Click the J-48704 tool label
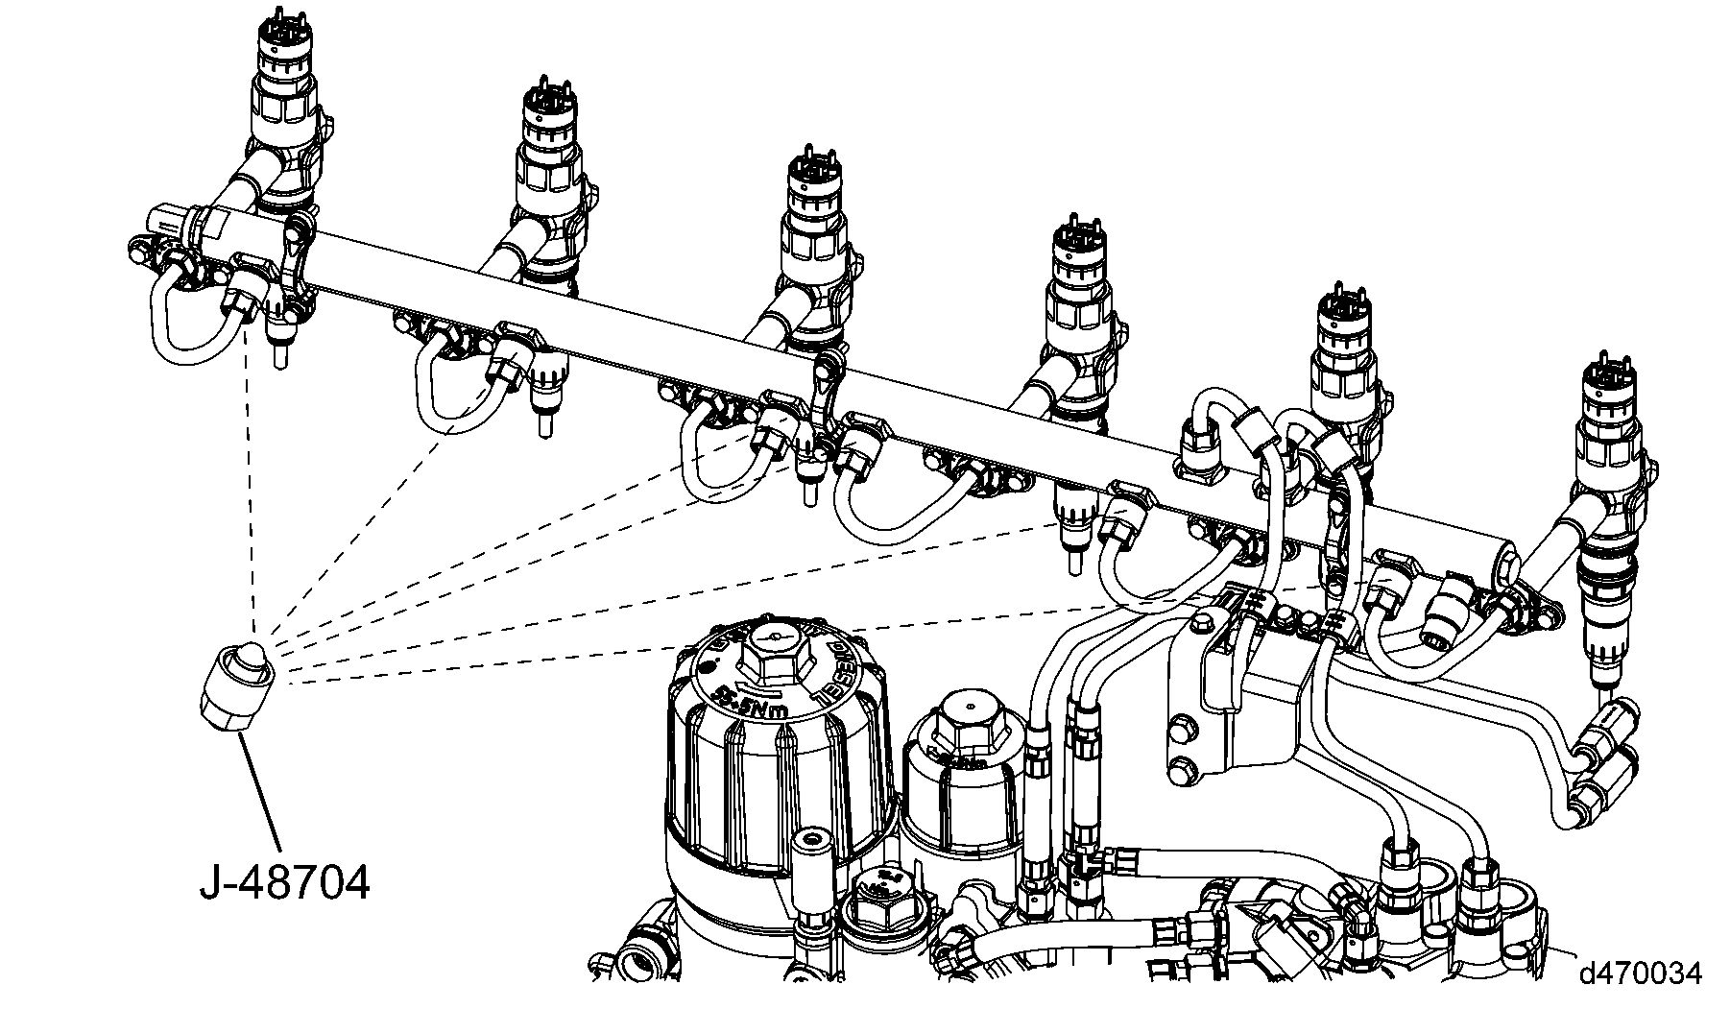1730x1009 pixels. (284, 882)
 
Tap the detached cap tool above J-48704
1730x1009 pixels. (239, 685)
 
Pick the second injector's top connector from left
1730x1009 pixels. (549, 108)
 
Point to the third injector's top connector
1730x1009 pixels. (814, 174)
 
